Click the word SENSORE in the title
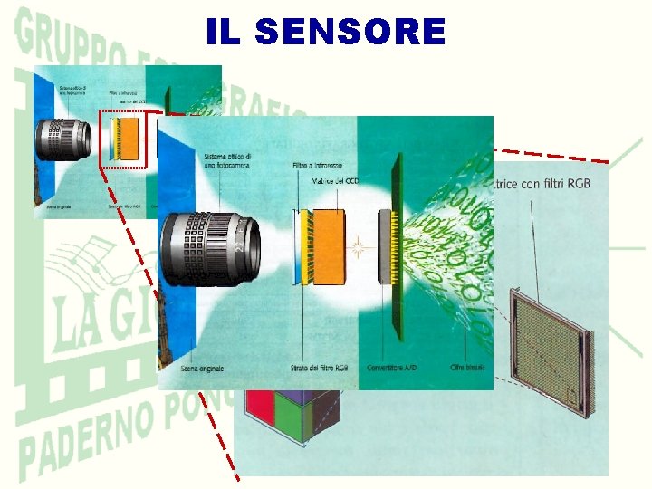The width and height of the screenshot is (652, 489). (x=350, y=33)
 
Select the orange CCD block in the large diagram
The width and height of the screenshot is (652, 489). (x=328, y=244)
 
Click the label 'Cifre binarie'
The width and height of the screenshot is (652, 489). (x=468, y=368)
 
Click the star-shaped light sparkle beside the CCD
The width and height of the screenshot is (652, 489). (x=359, y=245)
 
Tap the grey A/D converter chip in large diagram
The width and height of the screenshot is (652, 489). (x=387, y=244)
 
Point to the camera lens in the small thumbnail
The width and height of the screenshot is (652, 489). (x=63, y=140)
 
